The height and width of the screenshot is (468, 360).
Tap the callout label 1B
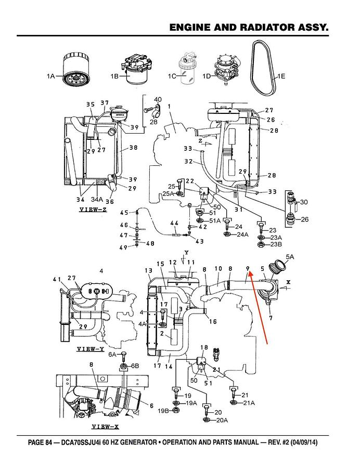tap(114, 76)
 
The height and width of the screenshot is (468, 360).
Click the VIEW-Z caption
tap(93, 210)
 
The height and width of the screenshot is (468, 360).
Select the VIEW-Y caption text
tap(91, 349)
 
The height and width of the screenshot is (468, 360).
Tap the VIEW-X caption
tap(105, 427)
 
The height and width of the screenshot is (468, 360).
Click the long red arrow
tap(258, 308)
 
